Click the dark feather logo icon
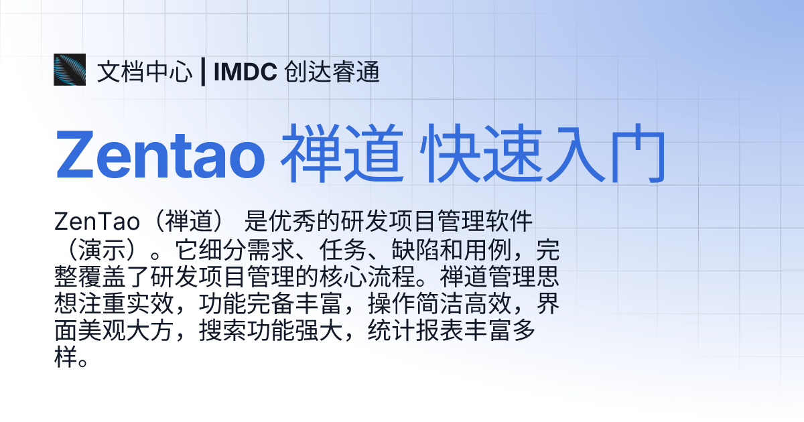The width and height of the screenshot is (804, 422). tap(70, 70)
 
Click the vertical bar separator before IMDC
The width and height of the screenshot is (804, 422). tap(202, 72)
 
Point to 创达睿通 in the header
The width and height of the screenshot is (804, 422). tap(332, 72)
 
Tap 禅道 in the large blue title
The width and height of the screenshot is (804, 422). tap(342, 155)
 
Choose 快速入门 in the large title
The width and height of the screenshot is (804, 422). tap(545, 155)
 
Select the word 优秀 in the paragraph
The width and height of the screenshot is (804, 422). tap(295, 219)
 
